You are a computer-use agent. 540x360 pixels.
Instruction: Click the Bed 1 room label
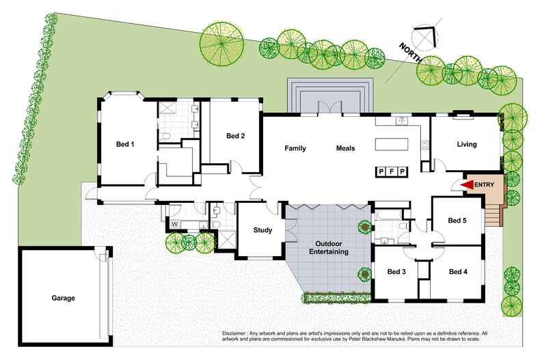[x=124, y=144]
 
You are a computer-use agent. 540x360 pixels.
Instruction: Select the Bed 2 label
[x=235, y=135]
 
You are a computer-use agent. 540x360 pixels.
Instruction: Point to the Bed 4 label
[x=458, y=272]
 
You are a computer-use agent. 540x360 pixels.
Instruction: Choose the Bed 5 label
[x=457, y=221]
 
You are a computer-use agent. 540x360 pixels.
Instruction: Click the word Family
[x=295, y=148]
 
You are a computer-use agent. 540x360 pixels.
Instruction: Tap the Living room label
[x=467, y=144]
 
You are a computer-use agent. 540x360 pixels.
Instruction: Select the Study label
[x=262, y=230]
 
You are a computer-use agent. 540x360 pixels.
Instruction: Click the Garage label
[x=62, y=298]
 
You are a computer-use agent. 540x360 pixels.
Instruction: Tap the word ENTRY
[x=485, y=184]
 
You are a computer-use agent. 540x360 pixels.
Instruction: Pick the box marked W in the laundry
[x=174, y=223]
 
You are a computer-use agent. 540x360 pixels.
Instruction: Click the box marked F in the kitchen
[x=392, y=171]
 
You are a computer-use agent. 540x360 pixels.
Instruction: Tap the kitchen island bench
[x=392, y=145]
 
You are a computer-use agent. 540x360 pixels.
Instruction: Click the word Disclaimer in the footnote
[x=237, y=333]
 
